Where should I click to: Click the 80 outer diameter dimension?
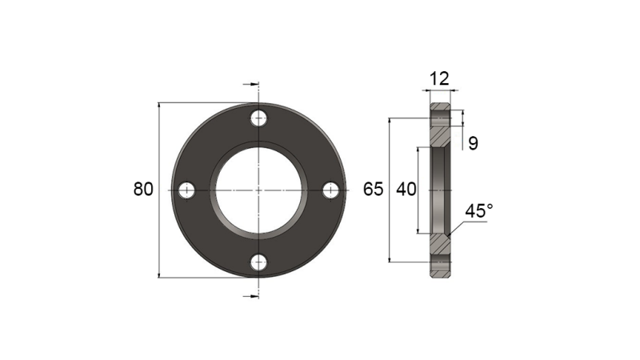[143, 190]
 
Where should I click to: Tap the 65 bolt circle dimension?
[374, 190]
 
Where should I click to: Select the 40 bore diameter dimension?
[406, 190]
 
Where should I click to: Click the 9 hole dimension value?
[473, 144]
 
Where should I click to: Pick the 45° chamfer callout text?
[479, 211]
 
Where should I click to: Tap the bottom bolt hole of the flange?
[258, 262]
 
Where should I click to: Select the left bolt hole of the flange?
[186, 190]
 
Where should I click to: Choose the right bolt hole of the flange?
[330, 190]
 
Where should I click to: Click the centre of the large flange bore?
[258, 190]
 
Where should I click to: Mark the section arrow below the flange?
[251, 296]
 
